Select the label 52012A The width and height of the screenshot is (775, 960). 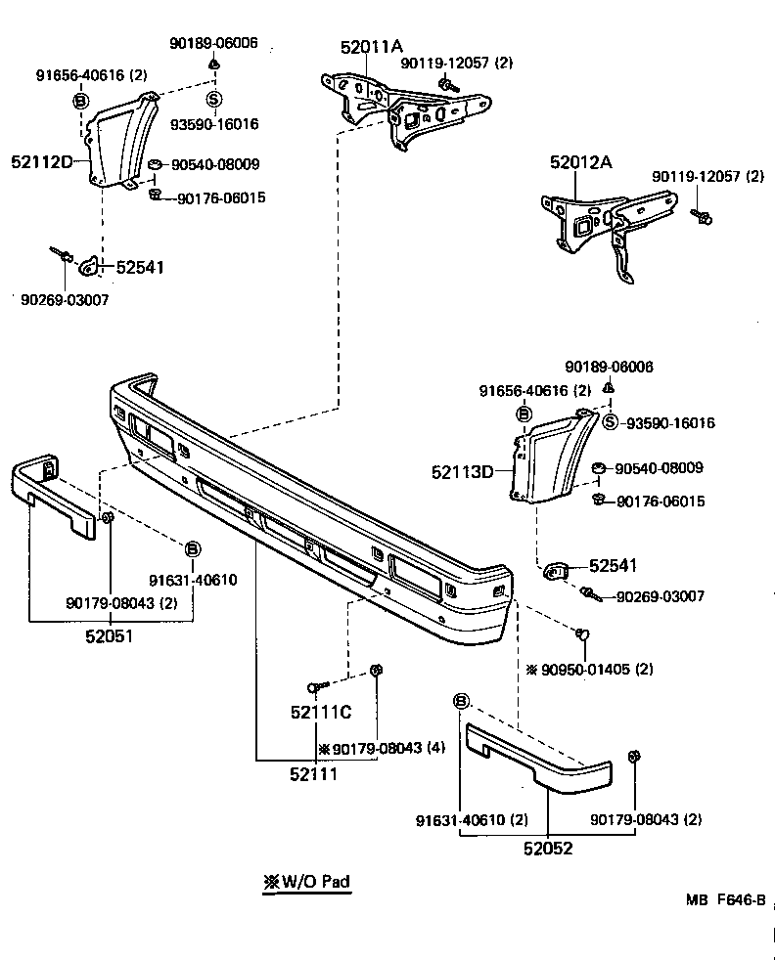[580, 163]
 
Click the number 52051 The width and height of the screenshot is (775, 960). [108, 635]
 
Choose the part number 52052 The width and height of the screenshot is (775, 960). [547, 849]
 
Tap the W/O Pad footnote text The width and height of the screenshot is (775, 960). [306, 881]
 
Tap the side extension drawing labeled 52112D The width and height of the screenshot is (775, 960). [122, 142]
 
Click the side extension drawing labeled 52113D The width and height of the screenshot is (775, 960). [553, 455]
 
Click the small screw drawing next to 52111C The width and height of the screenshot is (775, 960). [315, 686]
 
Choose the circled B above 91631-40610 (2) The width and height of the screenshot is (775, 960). [462, 701]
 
